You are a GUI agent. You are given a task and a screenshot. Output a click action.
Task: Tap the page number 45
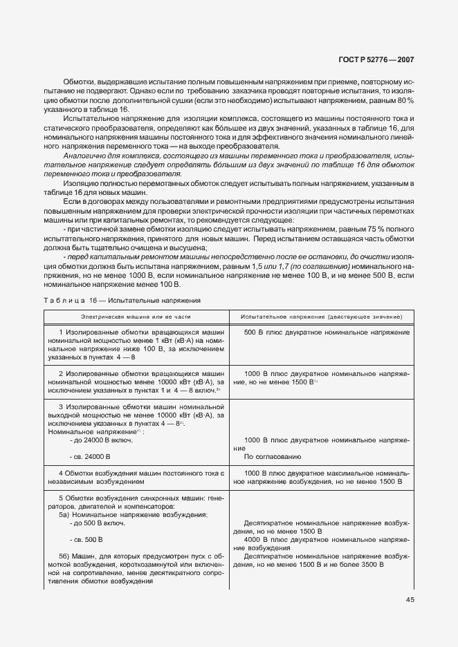pos(410,599)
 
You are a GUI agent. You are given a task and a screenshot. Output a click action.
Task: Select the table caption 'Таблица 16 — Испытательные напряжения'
pos(122,301)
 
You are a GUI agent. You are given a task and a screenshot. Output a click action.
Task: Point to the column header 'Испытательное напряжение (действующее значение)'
pos(321,316)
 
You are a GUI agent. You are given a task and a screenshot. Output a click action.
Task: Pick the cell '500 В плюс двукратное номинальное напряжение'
pos(327,332)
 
